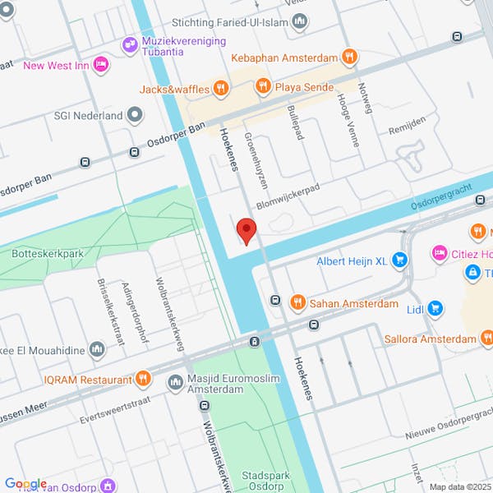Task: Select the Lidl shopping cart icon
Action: tap(435, 309)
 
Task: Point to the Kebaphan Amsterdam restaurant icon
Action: tap(350, 58)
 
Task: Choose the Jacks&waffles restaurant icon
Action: tap(220, 86)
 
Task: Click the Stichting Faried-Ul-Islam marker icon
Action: tap(301, 23)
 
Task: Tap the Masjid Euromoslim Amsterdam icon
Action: tap(175, 382)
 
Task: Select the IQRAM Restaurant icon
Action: tap(144, 379)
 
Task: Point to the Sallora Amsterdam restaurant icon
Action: tap(487, 338)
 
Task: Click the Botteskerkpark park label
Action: tap(48, 254)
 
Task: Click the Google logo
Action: tap(25, 484)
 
